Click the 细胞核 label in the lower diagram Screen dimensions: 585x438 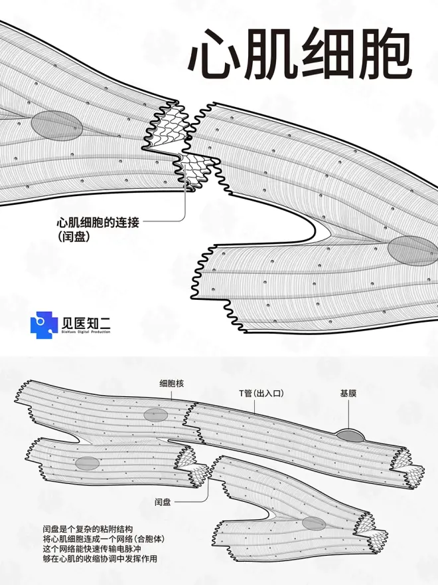point(171,383)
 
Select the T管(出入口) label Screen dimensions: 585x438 point(257,394)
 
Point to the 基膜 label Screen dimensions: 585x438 point(348,394)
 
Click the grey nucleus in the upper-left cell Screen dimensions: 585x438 point(56,125)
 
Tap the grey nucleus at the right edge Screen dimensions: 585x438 point(411,249)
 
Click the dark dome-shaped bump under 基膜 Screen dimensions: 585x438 point(350,435)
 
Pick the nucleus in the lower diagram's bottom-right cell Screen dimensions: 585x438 point(313,523)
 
